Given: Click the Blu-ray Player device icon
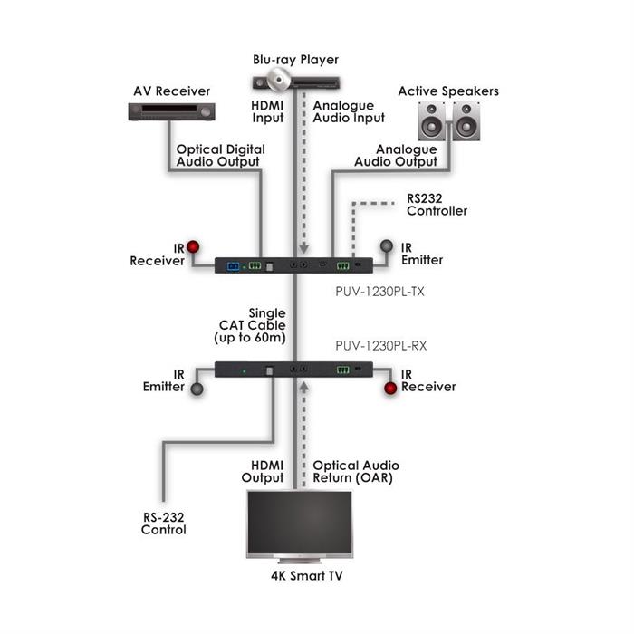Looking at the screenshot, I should click(291, 82).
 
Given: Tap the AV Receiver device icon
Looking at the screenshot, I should click(169, 112).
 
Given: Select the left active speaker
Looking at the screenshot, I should click(432, 120).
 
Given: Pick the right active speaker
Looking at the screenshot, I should click(465, 120).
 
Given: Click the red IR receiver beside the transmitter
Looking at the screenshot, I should click(193, 245).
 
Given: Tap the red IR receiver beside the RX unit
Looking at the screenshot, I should click(391, 387).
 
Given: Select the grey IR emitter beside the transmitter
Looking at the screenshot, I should click(387, 245).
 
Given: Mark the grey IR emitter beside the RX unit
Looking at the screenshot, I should click(194, 388).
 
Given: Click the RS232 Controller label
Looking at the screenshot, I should click(437, 205).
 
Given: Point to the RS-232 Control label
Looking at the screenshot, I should click(163, 524).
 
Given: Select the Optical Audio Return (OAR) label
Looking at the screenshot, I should click(355, 472).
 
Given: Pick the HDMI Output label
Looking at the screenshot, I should click(263, 472).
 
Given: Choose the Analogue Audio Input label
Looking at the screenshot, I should click(349, 111).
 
